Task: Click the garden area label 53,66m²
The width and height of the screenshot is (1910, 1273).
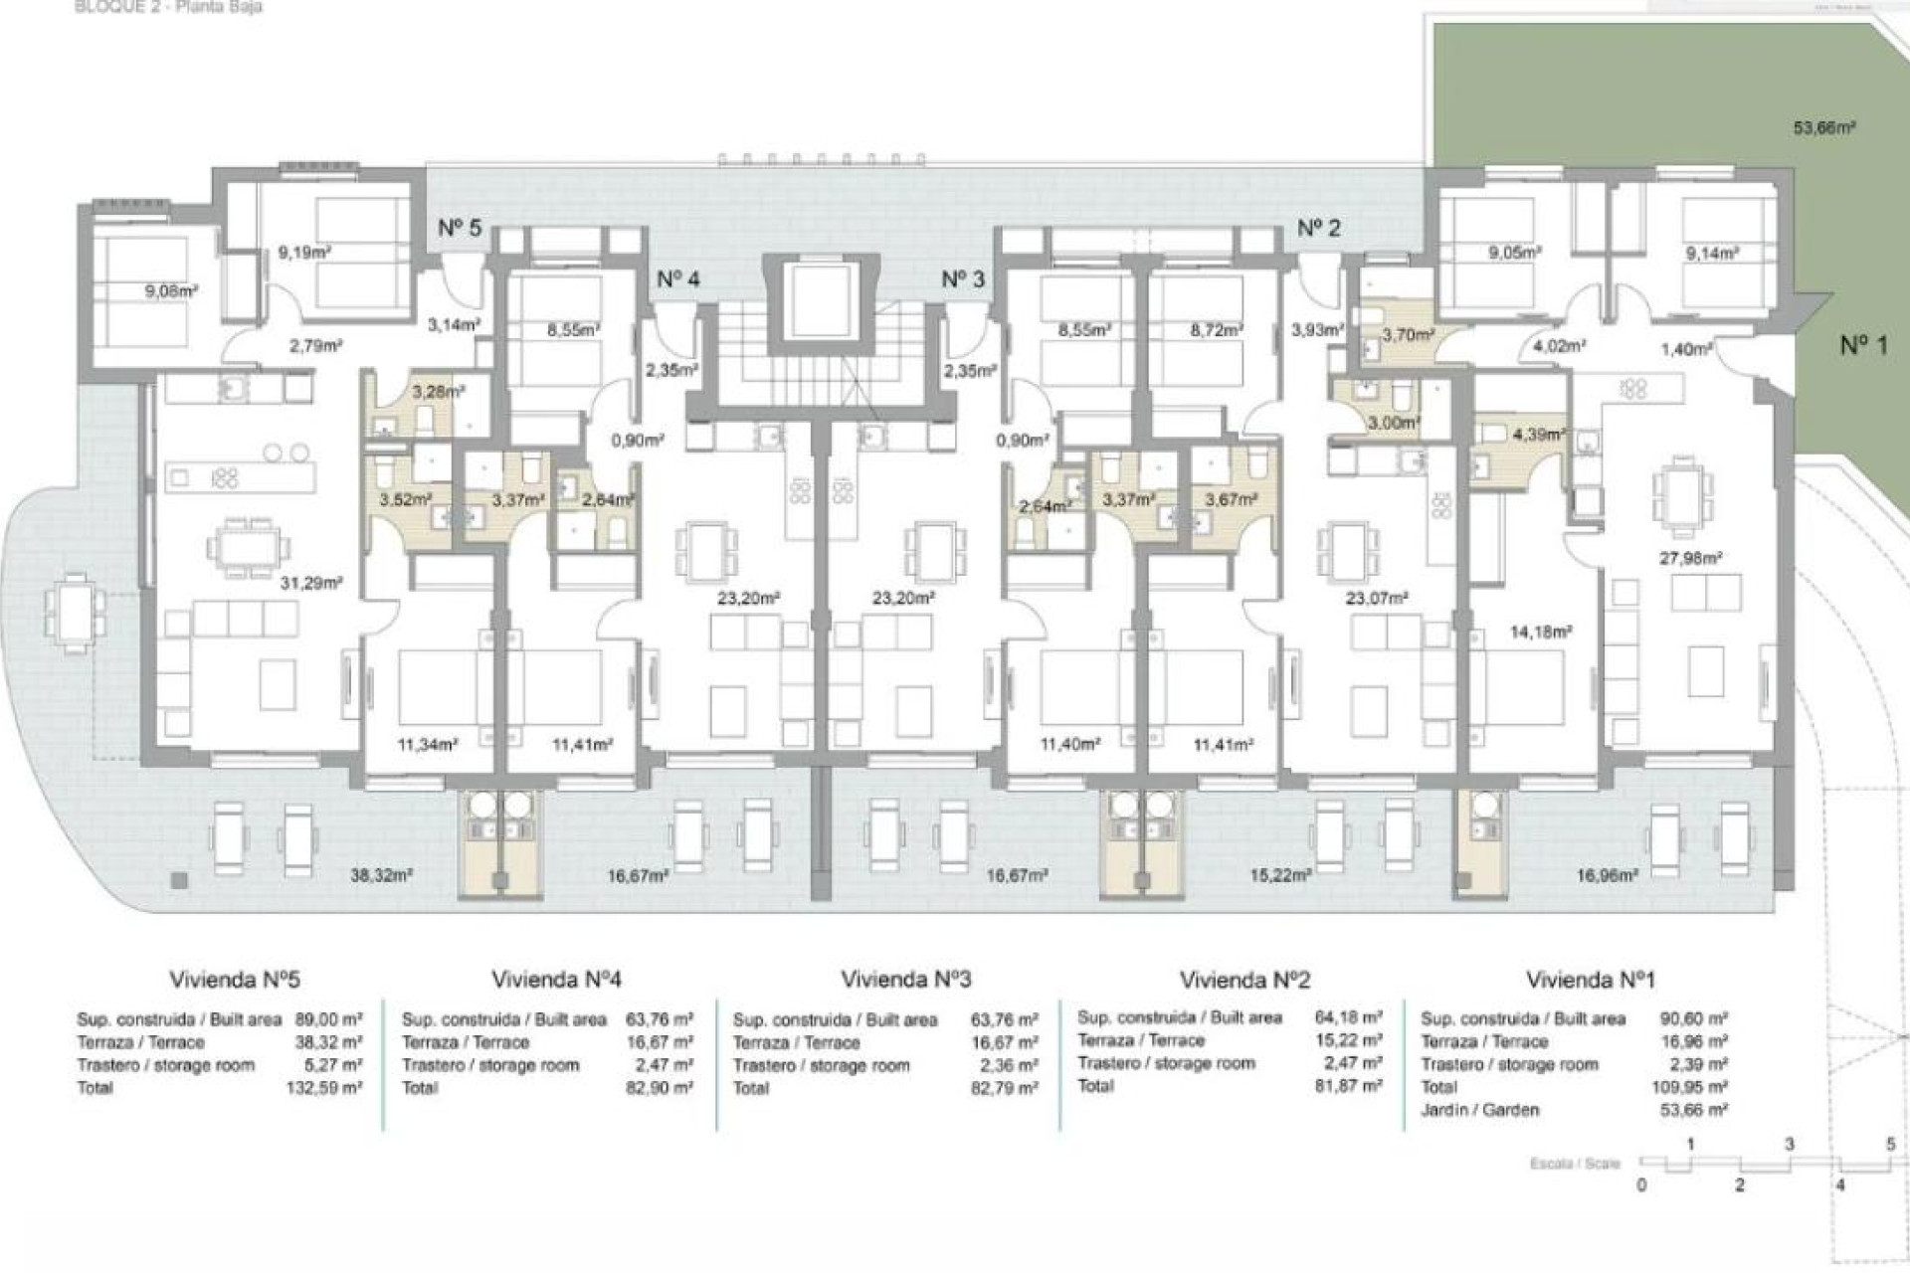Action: (1824, 128)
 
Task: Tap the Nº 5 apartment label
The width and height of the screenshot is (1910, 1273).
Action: (460, 228)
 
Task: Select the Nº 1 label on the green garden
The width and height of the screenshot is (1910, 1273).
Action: (1862, 345)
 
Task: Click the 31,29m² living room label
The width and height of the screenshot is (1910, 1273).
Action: (310, 583)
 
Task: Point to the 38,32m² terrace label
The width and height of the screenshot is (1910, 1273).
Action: (381, 875)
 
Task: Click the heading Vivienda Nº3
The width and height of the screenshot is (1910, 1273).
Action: (905, 980)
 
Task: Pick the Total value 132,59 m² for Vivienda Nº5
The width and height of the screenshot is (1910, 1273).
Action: (324, 1088)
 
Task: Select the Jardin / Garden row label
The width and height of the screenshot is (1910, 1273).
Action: (1479, 1110)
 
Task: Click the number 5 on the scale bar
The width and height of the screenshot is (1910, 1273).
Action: (1890, 1145)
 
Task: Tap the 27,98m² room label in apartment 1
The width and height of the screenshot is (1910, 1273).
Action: (1690, 559)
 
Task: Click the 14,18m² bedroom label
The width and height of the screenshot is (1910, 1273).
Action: (1540, 632)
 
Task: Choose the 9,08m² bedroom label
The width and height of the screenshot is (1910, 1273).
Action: (171, 291)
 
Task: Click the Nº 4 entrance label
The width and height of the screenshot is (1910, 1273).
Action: (677, 279)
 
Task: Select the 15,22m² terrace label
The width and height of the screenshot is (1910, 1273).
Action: (1279, 875)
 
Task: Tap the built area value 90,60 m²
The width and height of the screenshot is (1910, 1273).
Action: (1693, 1019)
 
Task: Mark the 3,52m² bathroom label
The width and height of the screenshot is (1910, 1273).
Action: (405, 500)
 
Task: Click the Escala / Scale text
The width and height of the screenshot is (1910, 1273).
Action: (1575, 1164)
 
